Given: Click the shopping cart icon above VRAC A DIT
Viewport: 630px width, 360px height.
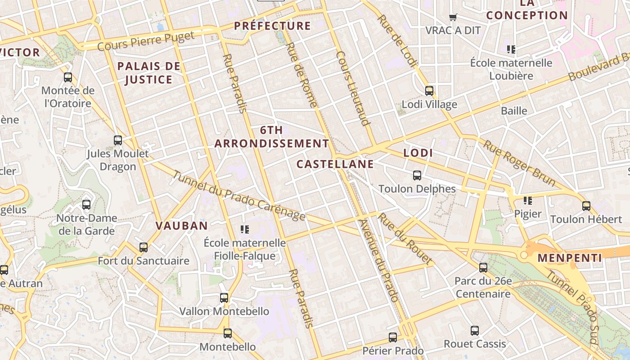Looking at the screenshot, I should click(453, 18).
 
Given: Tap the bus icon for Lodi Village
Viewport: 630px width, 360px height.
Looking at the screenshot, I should click(429, 91).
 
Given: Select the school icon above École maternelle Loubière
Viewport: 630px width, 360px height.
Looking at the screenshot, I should click(511, 49).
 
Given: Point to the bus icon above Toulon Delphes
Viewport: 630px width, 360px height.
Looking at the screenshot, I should click(417, 175).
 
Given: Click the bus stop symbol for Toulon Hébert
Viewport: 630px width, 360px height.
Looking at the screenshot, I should click(586, 206).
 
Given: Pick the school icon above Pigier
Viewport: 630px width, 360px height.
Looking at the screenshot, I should click(527, 200).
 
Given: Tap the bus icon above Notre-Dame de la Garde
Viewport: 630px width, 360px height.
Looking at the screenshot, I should click(86, 205).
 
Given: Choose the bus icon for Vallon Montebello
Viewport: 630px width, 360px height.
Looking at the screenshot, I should click(224, 298).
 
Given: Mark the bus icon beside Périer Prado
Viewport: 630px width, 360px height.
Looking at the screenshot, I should click(393, 337).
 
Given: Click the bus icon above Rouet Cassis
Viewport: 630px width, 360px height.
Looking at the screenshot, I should click(475, 331).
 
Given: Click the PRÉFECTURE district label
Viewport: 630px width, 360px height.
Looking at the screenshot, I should click(272, 26).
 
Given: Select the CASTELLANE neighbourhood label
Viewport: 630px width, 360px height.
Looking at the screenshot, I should click(335, 164).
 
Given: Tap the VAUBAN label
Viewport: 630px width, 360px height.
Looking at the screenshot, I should click(182, 225).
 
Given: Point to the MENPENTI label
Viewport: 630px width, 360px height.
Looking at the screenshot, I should click(570, 258).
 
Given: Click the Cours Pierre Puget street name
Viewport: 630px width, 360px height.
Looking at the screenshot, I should click(146, 41).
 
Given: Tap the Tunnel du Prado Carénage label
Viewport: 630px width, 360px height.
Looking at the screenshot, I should click(238, 196).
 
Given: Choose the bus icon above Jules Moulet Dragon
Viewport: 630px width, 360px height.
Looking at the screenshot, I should click(118, 140).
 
